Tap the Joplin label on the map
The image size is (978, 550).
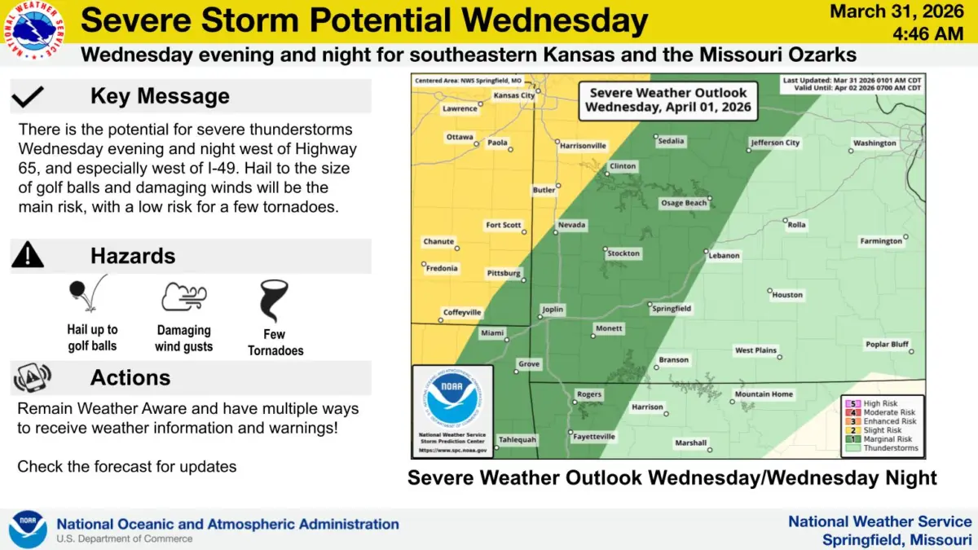[x=553, y=310]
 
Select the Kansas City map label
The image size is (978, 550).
[x=515, y=95]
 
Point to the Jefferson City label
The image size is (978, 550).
[x=776, y=143]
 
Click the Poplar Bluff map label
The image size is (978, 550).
[x=888, y=344]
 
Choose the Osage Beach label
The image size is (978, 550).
[x=684, y=203]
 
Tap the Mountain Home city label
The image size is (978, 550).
[x=764, y=394]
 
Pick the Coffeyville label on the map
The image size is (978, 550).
[x=463, y=312]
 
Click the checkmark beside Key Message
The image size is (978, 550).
[x=29, y=97]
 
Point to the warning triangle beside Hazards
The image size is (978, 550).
[x=28, y=256]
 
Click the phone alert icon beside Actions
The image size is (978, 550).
[x=31, y=377]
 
